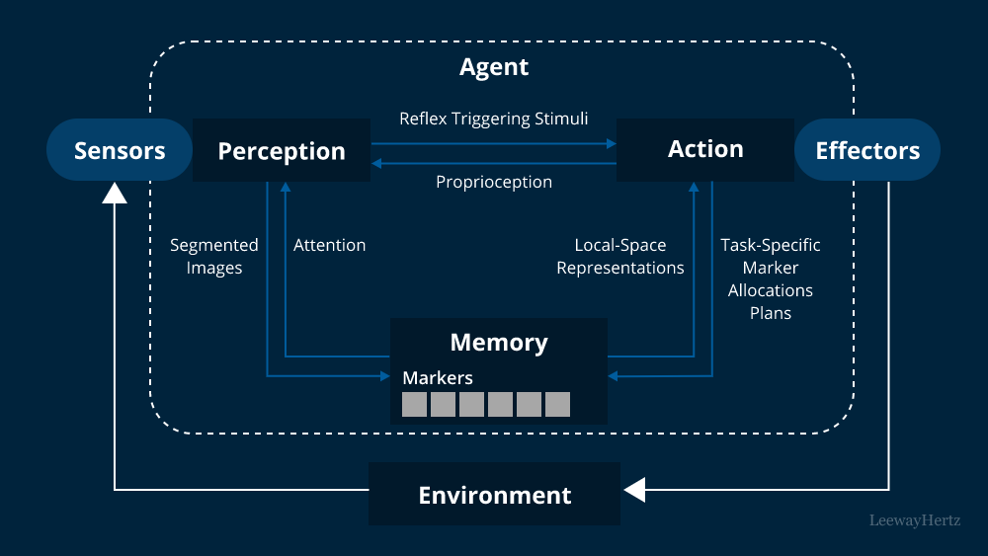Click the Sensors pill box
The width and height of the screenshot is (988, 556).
120,150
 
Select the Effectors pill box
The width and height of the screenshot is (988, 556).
866,150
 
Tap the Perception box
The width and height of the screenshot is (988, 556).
282,151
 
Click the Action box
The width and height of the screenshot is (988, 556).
705,149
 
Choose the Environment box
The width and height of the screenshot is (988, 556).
494,495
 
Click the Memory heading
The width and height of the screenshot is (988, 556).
499,343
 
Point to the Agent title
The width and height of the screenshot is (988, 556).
494,67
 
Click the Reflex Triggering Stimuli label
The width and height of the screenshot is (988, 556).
493,119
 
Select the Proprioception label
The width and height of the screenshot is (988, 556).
494,182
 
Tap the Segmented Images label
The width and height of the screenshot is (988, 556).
213,256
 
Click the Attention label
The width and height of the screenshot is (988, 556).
329,245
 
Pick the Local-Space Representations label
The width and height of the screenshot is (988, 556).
620,256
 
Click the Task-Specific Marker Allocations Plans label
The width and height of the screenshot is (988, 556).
771,278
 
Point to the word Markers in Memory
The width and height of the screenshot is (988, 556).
438,377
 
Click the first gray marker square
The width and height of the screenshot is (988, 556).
415,404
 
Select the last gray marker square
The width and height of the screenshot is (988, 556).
557,404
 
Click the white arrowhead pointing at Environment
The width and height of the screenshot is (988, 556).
633,490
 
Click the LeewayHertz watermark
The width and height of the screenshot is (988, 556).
914,519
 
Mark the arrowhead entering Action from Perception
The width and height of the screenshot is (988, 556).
612,143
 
